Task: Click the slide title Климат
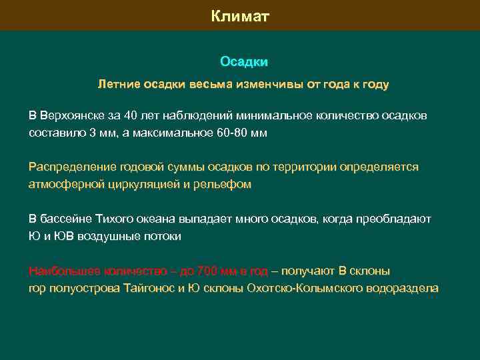click(x=240, y=16)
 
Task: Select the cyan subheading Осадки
click(x=244, y=62)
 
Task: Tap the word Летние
click(x=117, y=85)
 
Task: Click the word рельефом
click(x=227, y=184)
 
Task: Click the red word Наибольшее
click(x=61, y=271)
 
